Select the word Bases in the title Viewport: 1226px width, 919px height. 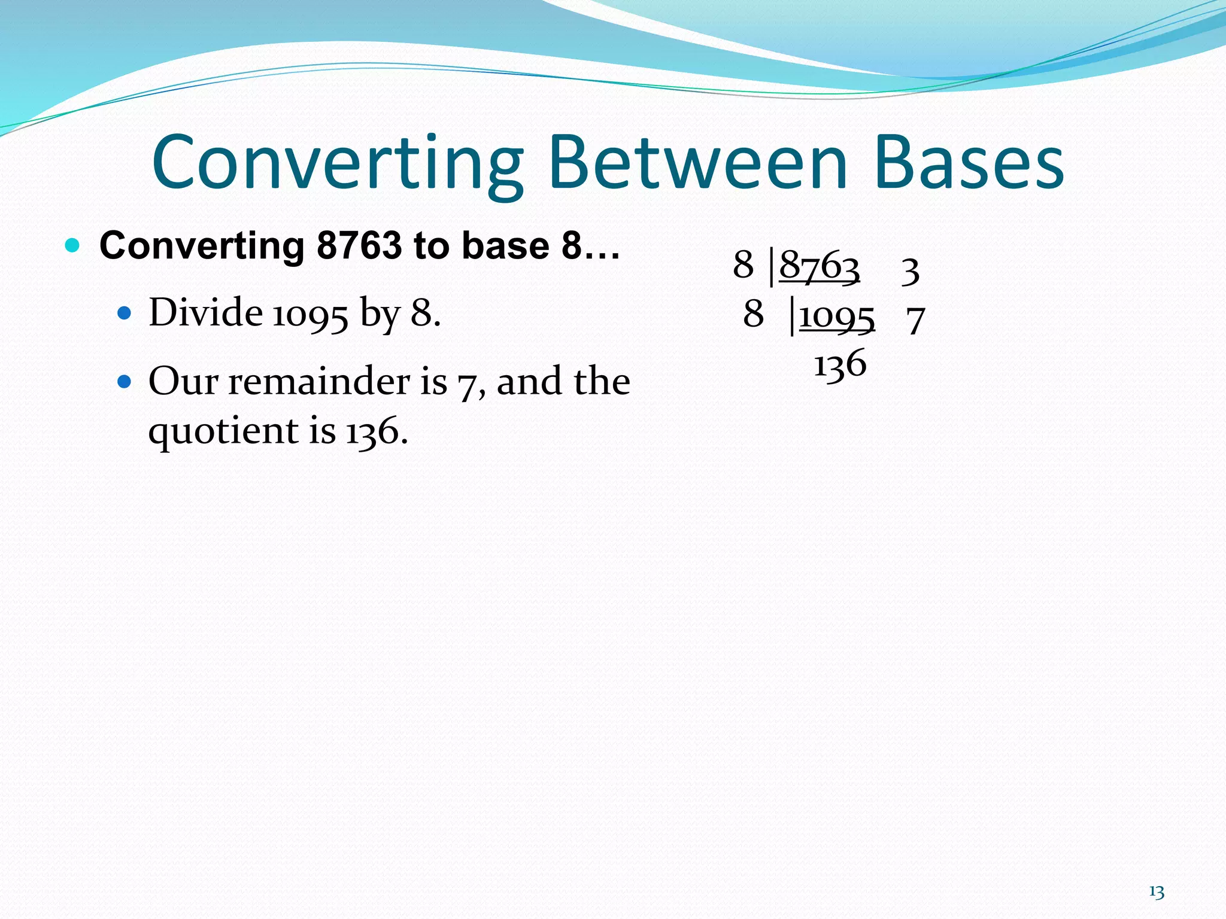(x=969, y=163)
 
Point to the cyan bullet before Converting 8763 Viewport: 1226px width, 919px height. (x=72, y=245)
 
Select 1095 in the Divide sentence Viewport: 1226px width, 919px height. (x=309, y=314)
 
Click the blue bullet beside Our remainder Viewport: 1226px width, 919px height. (x=124, y=381)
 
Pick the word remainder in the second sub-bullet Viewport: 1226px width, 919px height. (x=338, y=381)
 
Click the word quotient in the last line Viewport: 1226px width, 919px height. (x=223, y=431)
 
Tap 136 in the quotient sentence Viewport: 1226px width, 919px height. (x=372, y=431)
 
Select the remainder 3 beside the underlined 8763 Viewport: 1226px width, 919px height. (x=910, y=270)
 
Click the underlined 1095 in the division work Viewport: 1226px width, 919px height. (x=837, y=316)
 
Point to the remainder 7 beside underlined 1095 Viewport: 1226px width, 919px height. (x=915, y=320)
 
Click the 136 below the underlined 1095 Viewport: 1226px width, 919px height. (x=840, y=363)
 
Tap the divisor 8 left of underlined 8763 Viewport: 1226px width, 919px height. (x=743, y=264)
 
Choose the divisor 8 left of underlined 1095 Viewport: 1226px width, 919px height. (x=753, y=314)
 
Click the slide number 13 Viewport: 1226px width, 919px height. (x=1157, y=892)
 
